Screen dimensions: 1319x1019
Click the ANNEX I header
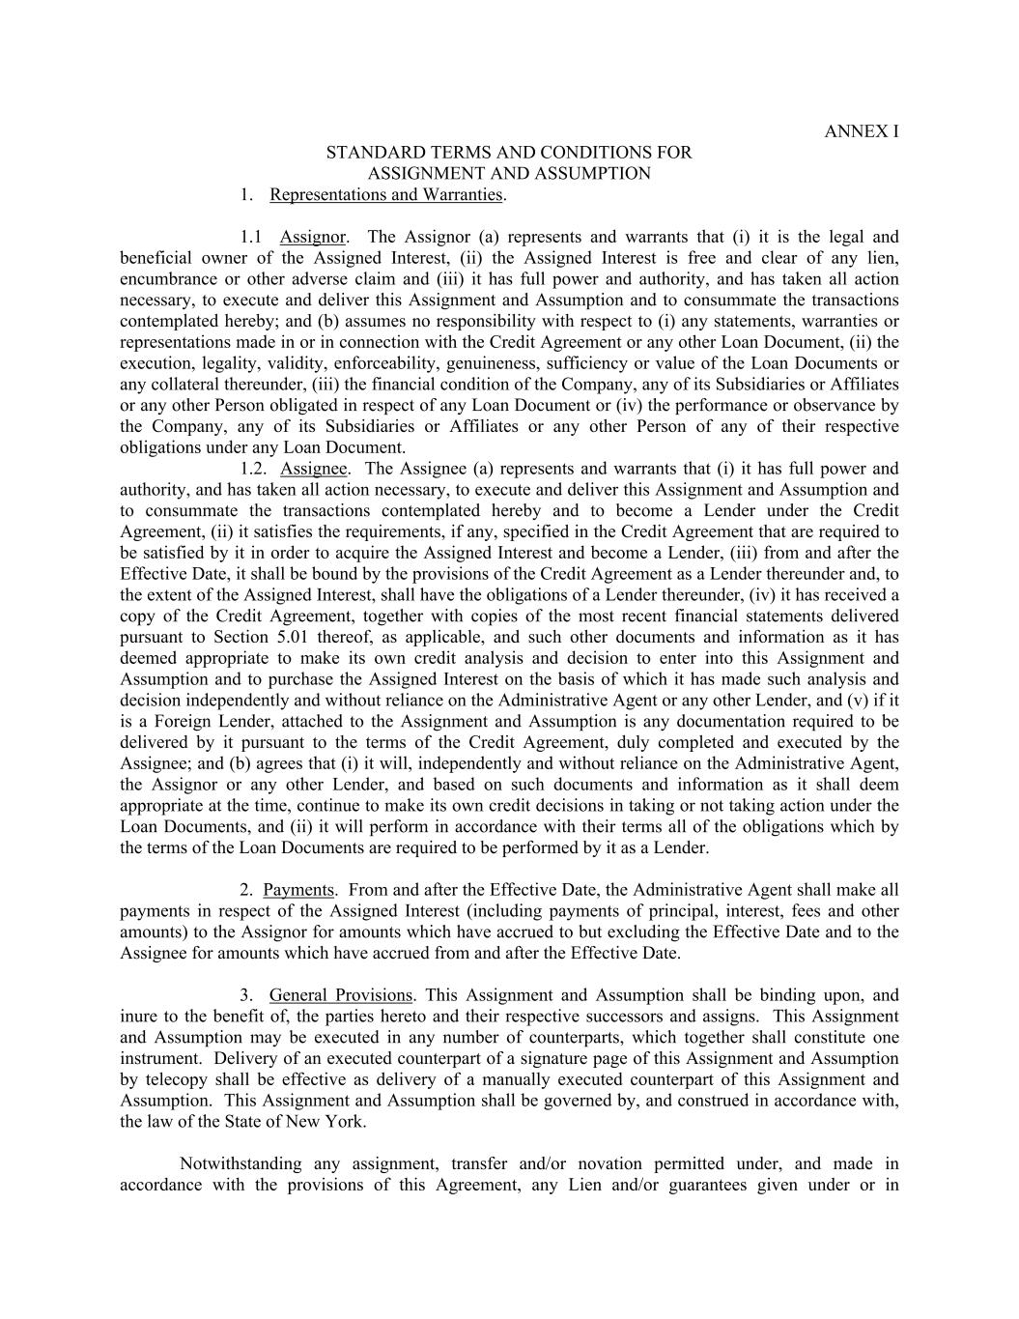(x=861, y=131)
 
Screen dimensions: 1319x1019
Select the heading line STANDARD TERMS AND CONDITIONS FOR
(x=509, y=153)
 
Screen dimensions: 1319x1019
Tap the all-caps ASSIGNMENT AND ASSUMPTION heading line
(x=509, y=174)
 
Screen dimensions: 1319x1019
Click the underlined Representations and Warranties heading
(x=386, y=195)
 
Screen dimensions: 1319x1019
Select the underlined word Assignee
(x=313, y=470)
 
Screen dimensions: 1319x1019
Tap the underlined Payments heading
(x=298, y=891)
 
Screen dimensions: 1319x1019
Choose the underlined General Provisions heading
(x=341, y=995)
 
